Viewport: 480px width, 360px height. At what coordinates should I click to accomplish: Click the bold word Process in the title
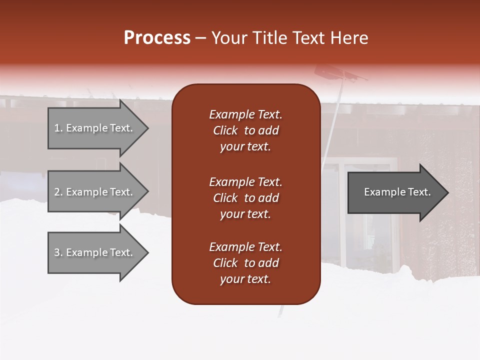pyautogui.click(x=157, y=38)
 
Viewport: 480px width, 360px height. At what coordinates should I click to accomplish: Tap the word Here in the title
pyautogui.click(x=349, y=38)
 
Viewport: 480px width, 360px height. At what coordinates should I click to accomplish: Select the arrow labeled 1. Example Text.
pyautogui.click(x=95, y=128)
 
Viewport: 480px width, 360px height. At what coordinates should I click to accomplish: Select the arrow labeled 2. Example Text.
pyautogui.click(x=95, y=192)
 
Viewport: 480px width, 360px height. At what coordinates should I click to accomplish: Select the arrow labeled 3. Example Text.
pyautogui.click(x=95, y=252)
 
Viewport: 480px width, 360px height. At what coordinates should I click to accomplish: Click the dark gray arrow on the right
pyautogui.click(x=395, y=192)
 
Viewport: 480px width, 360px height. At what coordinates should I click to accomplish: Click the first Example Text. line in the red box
pyautogui.click(x=245, y=114)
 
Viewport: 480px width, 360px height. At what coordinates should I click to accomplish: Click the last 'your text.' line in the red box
pyautogui.click(x=245, y=279)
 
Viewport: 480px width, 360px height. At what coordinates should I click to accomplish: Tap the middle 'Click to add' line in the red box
pyautogui.click(x=245, y=198)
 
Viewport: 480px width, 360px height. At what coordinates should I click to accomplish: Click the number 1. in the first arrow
pyautogui.click(x=58, y=128)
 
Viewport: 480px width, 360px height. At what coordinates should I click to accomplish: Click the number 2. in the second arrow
pyautogui.click(x=58, y=192)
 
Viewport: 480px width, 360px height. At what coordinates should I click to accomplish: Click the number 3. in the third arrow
pyautogui.click(x=58, y=252)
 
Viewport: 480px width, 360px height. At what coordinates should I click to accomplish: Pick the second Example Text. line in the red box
pyautogui.click(x=245, y=182)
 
